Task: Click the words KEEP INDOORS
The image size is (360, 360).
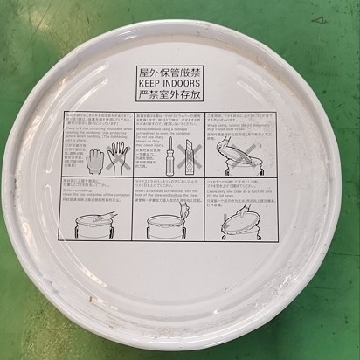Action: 179,76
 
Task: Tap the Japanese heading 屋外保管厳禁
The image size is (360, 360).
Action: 179,65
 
